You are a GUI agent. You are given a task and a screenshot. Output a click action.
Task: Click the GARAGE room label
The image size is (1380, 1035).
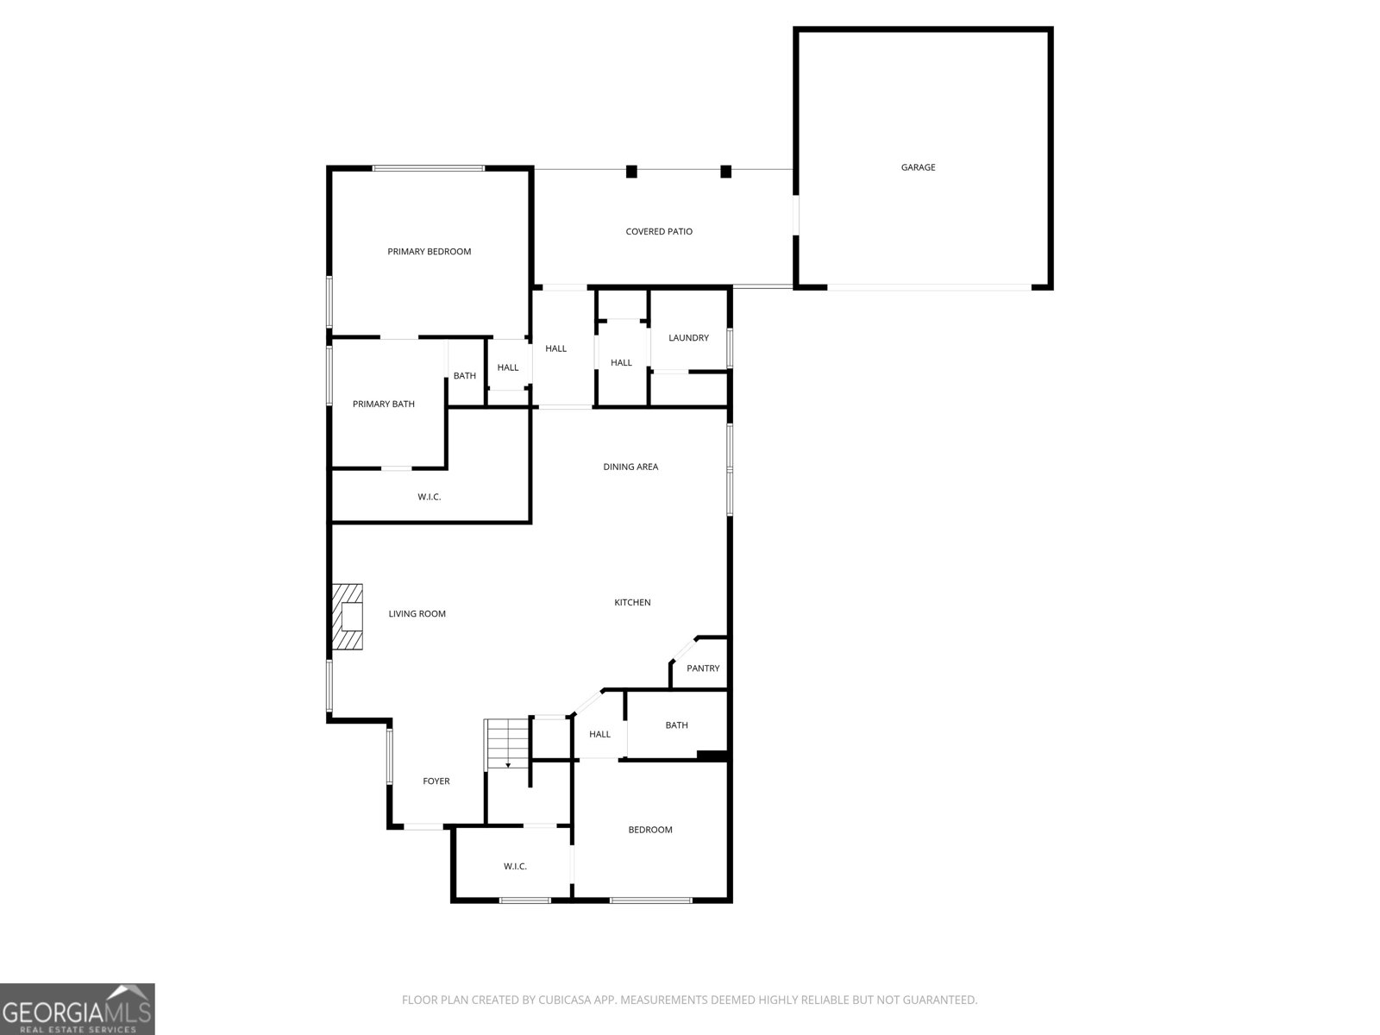pos(918,167)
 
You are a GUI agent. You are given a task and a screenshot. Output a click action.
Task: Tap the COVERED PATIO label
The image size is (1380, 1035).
pos(659,231)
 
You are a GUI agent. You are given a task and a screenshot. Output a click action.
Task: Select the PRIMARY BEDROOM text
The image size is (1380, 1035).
pos(429,252)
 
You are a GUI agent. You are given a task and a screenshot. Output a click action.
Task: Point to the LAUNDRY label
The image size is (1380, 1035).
pos(688,338)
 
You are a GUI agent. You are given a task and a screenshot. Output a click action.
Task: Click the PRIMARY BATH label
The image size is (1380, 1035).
pos(383,404)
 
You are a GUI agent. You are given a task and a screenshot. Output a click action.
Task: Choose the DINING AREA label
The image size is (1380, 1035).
pos(630,467)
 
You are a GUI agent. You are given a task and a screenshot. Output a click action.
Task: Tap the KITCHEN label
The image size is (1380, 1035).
pos(632,602)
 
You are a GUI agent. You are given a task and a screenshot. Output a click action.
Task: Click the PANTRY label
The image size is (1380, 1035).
pos(703,668)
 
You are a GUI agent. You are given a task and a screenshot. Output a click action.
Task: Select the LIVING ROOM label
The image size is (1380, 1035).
pos(417,614)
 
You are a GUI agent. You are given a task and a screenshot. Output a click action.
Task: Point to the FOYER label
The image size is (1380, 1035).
pos(436,781)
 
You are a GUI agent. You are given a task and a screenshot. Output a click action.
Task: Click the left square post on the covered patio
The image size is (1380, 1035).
pos(631,172)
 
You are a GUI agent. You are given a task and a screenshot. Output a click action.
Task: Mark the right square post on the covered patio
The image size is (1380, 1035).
pos(725,172)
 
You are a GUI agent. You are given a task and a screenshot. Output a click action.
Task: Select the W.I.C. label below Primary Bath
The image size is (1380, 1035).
pos(429,497)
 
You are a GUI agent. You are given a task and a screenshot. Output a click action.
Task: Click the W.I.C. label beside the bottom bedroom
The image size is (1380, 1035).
pos(515,866)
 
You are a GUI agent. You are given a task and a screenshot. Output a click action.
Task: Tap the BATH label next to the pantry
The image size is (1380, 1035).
pos(676,725)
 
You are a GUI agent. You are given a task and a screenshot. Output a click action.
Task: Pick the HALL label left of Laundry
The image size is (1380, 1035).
pos(621,363)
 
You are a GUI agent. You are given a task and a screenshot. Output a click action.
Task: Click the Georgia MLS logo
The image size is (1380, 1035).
pos(78,1009)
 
